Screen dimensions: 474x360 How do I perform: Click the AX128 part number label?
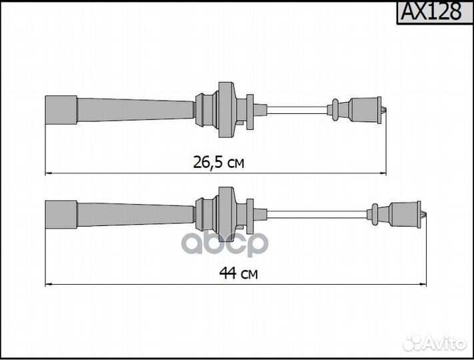pyautogui.click(x=431, y=11)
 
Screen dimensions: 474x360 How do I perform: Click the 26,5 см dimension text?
pyautogui.click(x=219, y=162)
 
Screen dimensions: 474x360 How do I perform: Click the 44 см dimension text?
pyautogui.click(x=239, y=273)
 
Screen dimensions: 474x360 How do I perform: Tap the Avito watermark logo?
pyautogui.click(x=435, y=344)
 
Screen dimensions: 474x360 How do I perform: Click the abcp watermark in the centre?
pyautogui.click(x=225, y=243)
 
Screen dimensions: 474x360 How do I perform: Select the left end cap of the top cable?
pyautogui.click(x=61, y=110)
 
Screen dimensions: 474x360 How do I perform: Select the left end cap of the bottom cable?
pyautogui.click(x=61, y=215)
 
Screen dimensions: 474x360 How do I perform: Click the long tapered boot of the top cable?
pyautogui.click(x=136, y=110)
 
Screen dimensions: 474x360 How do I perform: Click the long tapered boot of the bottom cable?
pyautogui.click(x=136, y=215)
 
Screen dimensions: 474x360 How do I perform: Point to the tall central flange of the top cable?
pyautogui.click(x=227, y=109)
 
